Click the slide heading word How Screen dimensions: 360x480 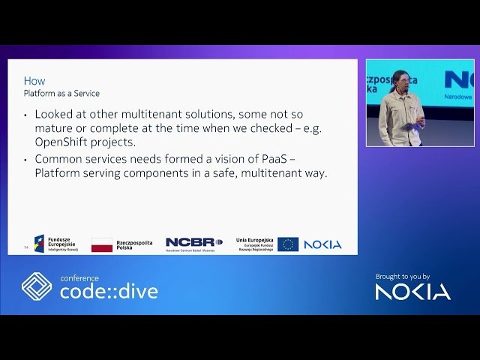pyautogui.click(x=34, y=81)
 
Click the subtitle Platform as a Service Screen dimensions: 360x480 pyautogui.click(x=61, y=93)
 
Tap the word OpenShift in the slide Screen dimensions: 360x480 pyautogui.click(x=62, y=142)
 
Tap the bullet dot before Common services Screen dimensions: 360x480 pyautogui.click(x=25, y=159)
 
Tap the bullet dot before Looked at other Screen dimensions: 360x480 pyautogui.click(x=25, y=115)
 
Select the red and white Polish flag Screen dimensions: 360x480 pyautogui.click(x=102, y=244)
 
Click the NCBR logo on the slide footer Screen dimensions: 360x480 pyautogui.click(x=193, y=243)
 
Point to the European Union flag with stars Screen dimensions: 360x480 pyautogui.click(x=287, y=244)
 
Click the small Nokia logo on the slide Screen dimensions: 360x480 pyautogui.click(x=322, y=244)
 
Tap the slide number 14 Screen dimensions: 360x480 pyautogui.click(x=26, y=247)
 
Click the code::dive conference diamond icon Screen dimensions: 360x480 pyautogui.click(x=36, y=286)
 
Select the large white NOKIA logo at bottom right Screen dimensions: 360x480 pyautogui.click(x=412, y=291)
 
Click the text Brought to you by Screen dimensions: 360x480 pyautogui.click(x=403, y=276)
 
